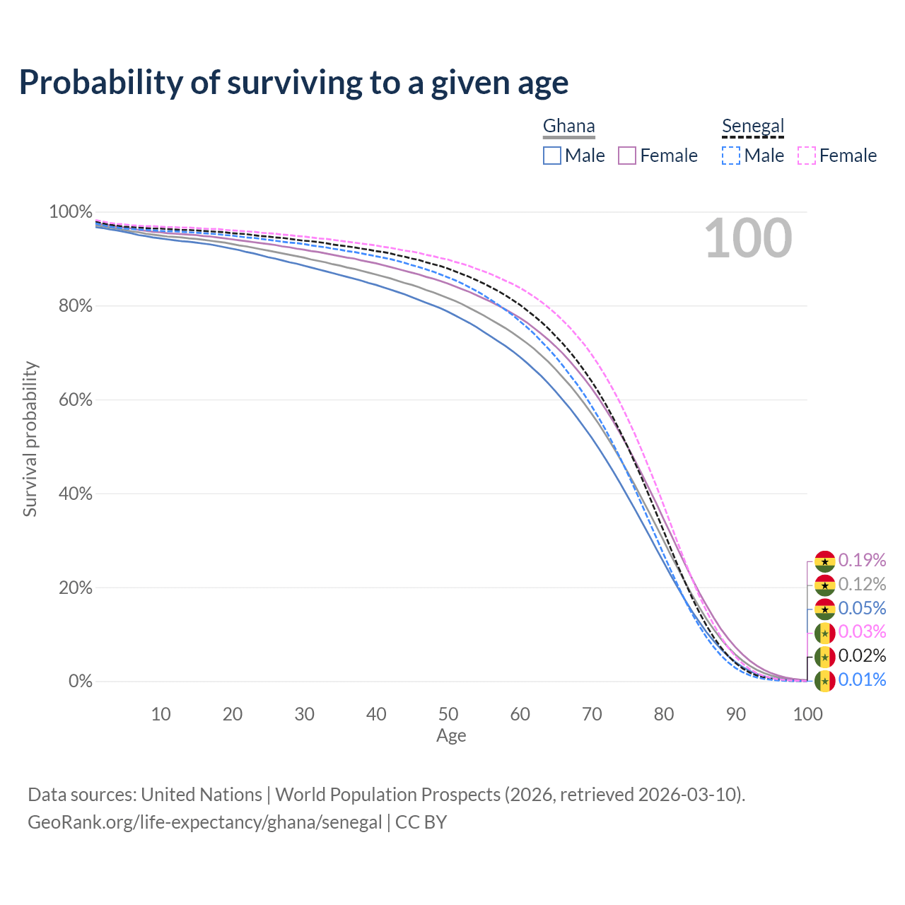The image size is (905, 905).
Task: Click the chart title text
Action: click(293, 83)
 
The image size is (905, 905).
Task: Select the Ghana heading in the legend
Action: click(568, 127)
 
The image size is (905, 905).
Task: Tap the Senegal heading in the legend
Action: click(753, 127)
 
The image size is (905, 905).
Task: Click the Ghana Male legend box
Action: click(552, 156)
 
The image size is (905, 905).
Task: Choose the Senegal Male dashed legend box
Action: click(731, 156)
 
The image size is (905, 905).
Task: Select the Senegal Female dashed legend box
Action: click(807, 156)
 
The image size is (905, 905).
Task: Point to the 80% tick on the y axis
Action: click(71, 306)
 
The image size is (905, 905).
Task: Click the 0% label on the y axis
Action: click(81, 682)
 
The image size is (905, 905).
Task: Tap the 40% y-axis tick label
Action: click(71, 494)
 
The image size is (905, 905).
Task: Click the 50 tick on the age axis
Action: click(448, 714)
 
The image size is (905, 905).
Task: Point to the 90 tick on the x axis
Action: click(736, 714)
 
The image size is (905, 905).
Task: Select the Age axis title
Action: click(451, 736)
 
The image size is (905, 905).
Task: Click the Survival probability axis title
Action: click(30, 439)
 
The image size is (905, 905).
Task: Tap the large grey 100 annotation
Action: click(748, 238)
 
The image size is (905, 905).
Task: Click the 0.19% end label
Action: click(862, 561)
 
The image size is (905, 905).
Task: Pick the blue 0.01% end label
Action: click(862, 680)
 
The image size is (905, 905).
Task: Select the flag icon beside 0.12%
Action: click(824, 585)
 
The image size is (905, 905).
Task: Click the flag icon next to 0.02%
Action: click(824, 657)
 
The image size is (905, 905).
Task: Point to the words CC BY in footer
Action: click(421, 822)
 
